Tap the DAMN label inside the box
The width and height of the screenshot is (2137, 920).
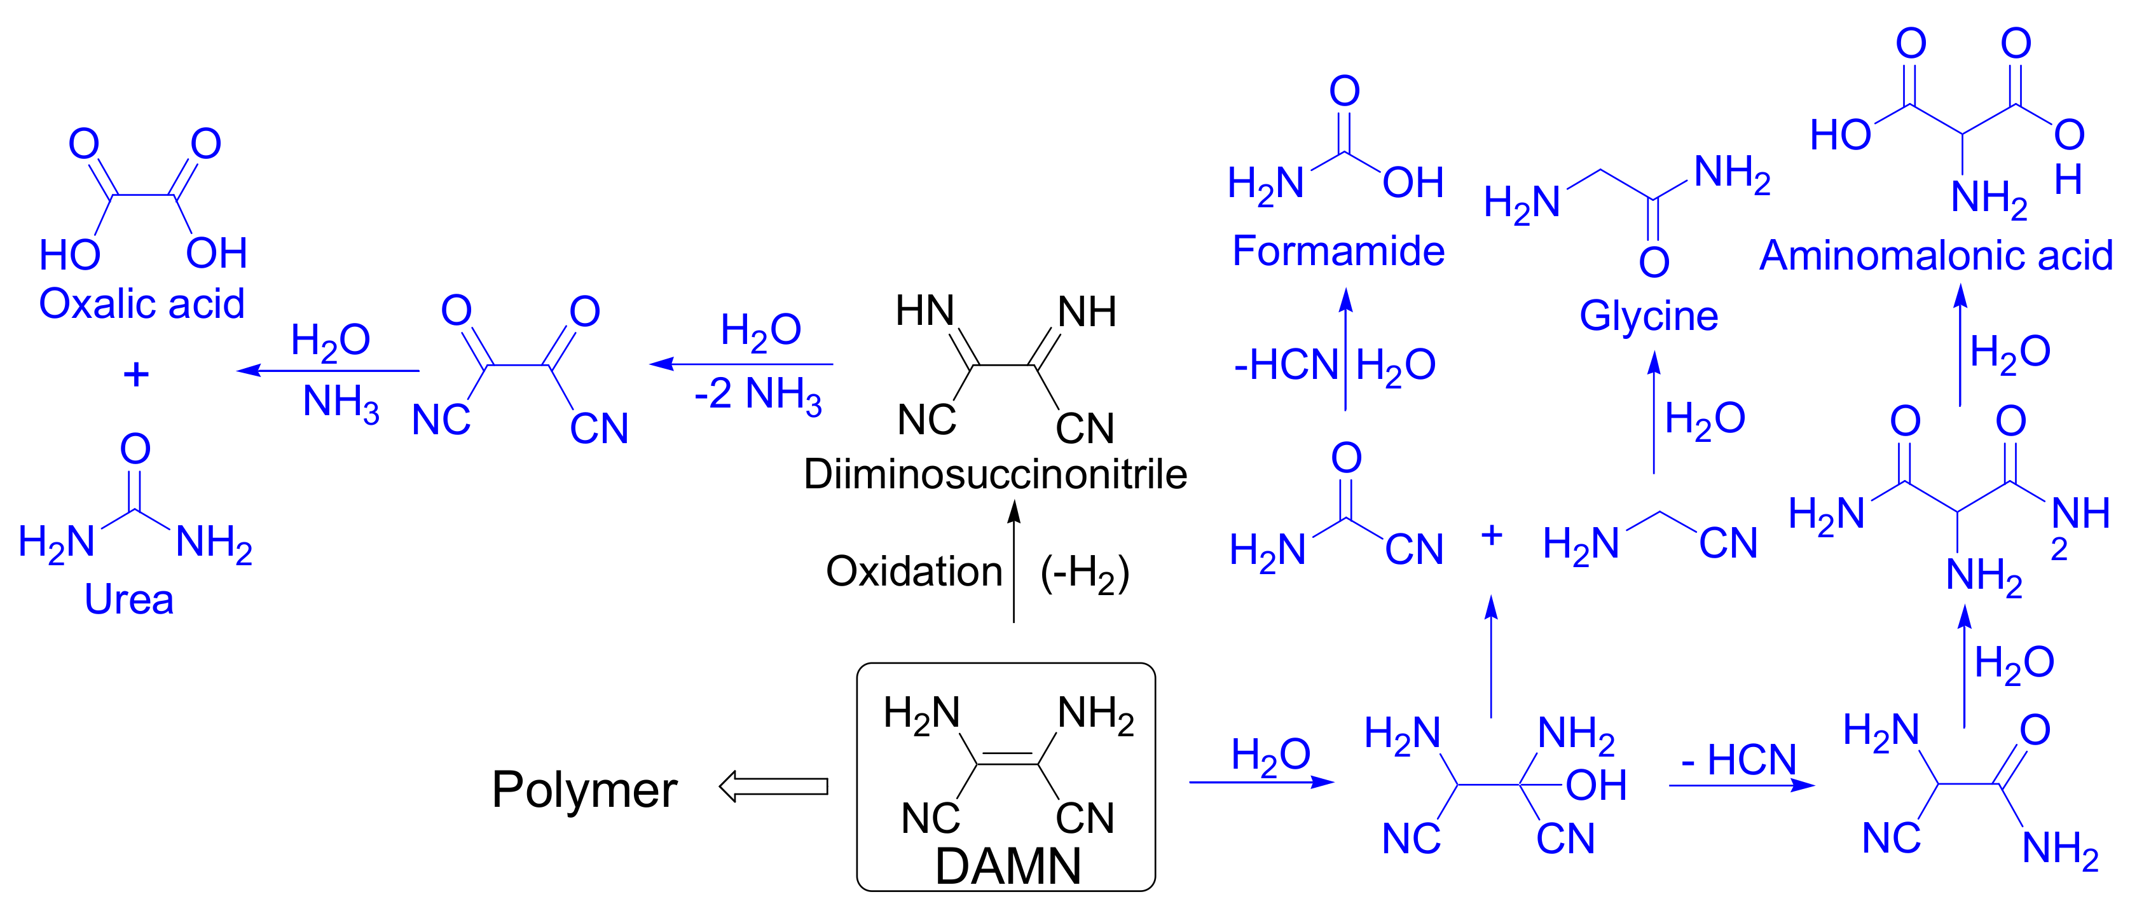pos(1007,866)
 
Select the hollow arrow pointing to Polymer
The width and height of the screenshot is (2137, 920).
pos(773,786)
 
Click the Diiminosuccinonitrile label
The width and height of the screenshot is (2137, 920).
pos(994,474)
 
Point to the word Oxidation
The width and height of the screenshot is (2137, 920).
pos(914,572)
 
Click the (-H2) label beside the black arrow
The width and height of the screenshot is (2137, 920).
pos(1084,573)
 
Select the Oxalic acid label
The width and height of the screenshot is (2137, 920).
pos(142,304)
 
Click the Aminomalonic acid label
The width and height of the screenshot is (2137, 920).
pos(1935,255)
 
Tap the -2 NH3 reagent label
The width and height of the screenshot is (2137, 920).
pos(757,395)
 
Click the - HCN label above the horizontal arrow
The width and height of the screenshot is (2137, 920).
pos(1738,759)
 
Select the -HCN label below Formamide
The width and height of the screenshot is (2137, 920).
pos(1285,365)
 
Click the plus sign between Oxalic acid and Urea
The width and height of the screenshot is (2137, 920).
pos(136,375)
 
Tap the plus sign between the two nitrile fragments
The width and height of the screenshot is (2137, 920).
pos(1491,535)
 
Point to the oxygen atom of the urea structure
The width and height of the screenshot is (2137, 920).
pos(135,449)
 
